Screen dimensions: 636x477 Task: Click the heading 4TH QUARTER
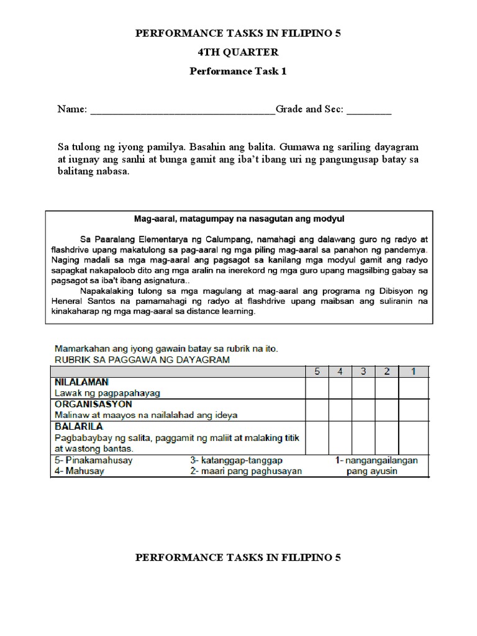click(x=238, y=52)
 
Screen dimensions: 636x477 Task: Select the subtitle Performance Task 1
click(x=238, y=71)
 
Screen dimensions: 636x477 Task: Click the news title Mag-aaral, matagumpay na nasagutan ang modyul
click(x=239, y=219)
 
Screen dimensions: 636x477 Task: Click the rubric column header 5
click(x=317, y=371)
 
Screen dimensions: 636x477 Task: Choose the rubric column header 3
click(x=363, y=371)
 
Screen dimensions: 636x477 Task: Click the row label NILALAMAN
click(x=79, y=383)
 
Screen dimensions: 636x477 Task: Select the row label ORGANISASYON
click(x=88, y=404)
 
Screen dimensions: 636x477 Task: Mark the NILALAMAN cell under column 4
click(x=340, y=388)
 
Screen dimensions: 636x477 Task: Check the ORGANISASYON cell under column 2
click(x=387, y=409)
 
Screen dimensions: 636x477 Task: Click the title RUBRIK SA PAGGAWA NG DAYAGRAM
click(x=142, y=360)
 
